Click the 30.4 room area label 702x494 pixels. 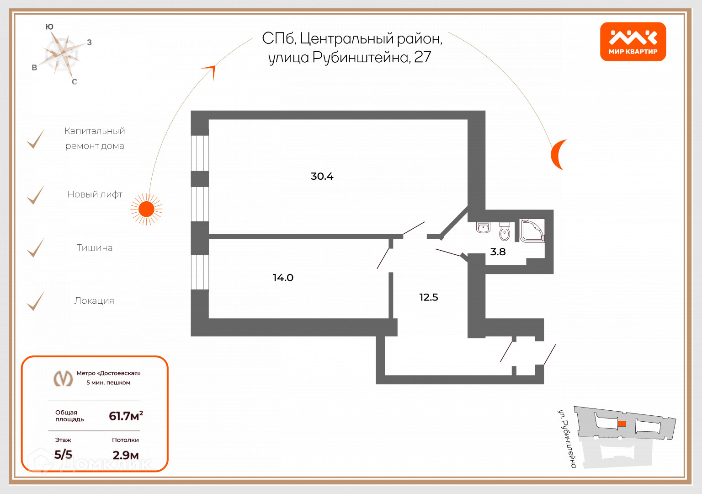(x=322, y=176)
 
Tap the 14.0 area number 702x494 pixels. (x=283, y=278)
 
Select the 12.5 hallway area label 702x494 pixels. (x=429, y=297)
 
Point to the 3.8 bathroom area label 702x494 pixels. (x=498, y=252)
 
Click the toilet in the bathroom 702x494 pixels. (x=505, y=231)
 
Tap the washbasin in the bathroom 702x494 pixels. (x=483, y=227)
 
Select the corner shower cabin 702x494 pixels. (x=532, y=231)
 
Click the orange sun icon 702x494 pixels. (x=146, y=209)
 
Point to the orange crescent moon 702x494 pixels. (x=558, y=154)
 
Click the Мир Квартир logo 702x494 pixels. (x=633, y=42)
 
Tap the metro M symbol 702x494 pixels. (x=64, y=378)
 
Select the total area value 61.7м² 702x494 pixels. (x=126, y=416)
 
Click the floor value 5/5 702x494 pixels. (x=64, y=455)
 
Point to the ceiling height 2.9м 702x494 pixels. (x=126, y=455)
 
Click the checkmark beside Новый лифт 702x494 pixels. (x=35, y=195)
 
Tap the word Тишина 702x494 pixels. (x=95, y=248)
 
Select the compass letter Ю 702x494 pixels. (x=49, y=27)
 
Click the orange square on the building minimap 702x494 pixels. (x=622, y=424)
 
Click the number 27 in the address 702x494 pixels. (x=422, y=57)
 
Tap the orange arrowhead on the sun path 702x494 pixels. (x=210, y=71)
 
